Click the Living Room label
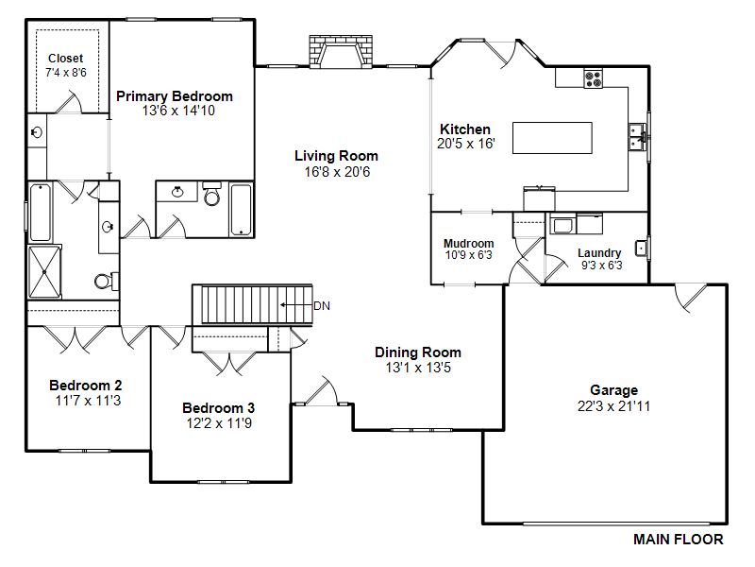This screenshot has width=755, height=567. tap(336, 156)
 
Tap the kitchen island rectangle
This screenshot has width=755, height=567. tap(552, 138)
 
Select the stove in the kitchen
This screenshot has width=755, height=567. tap(594, 78)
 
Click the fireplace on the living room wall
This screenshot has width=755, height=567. tap(341, 51)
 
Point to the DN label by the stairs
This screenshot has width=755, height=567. tap(322, 305)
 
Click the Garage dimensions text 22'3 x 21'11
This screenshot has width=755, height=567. tap(614, 406)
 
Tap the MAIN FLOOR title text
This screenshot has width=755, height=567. tap(678, 540)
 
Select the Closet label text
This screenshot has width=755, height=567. tap(65, 59)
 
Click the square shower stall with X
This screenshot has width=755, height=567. tap(44, 272)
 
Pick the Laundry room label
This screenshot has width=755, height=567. tap(599, 253)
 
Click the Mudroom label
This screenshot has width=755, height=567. tap(468, 244)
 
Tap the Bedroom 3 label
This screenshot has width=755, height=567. tap(219, 408)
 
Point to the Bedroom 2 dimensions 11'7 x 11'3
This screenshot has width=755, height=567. tap(88, 401)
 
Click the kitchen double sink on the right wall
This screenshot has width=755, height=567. tap(637, 137)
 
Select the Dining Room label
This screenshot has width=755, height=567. tap(418, 352)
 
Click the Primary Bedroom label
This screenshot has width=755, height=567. tap(175, 96)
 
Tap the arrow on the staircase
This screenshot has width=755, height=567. tap(296, 304)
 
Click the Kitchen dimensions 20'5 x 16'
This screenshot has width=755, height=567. tap(466, 144)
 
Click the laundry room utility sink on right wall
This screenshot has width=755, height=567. tap(642, 249)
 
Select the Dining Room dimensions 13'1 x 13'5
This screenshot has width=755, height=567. tap(418, 368)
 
